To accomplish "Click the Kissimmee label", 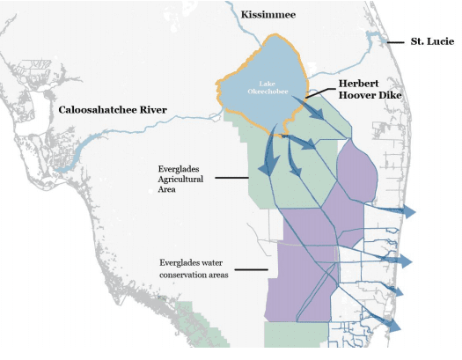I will coord(272,15).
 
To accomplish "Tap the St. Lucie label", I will coord(432,41).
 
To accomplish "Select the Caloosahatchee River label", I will coord(113,110).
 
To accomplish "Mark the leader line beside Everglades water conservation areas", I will coord(252,268).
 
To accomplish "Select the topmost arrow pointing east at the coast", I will coord(407,211).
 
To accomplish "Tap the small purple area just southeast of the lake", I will coord(356,171).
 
